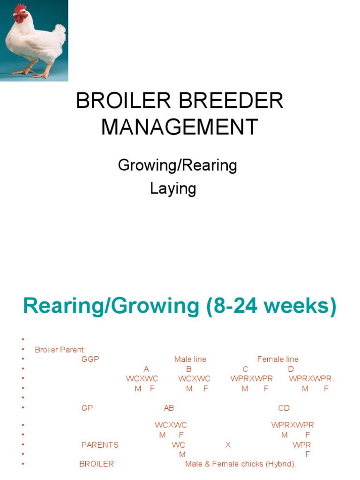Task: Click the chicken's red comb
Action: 20,9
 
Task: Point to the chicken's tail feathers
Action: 60,31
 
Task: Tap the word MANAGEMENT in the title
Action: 180,127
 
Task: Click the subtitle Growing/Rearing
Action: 177,165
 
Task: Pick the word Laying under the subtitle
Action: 172,188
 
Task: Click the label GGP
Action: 90,360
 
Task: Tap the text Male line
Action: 190,360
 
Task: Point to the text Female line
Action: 277,360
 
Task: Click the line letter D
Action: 291,369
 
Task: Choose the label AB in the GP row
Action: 169,408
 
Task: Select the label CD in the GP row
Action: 284,408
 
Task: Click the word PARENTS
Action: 100,445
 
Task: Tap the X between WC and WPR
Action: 228,445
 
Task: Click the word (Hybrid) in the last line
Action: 281,464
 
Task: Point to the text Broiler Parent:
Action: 60,350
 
